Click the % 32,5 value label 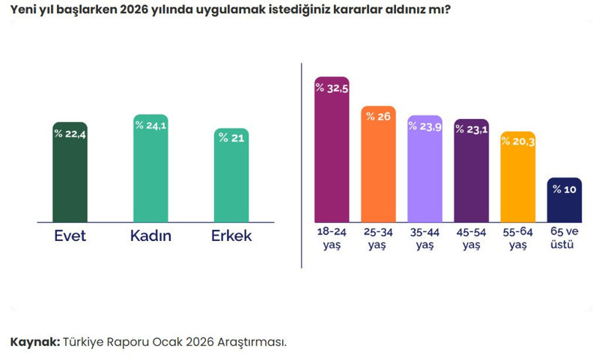pos(332,88)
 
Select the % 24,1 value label pos(150,125)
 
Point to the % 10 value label pos(564,189)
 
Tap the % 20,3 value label pos(517,141)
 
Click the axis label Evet pos(70,237)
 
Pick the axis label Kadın pos(150,237)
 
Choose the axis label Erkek pos(231,237)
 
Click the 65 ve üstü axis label pos(564,238)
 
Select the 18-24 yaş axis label pos(332,238)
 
